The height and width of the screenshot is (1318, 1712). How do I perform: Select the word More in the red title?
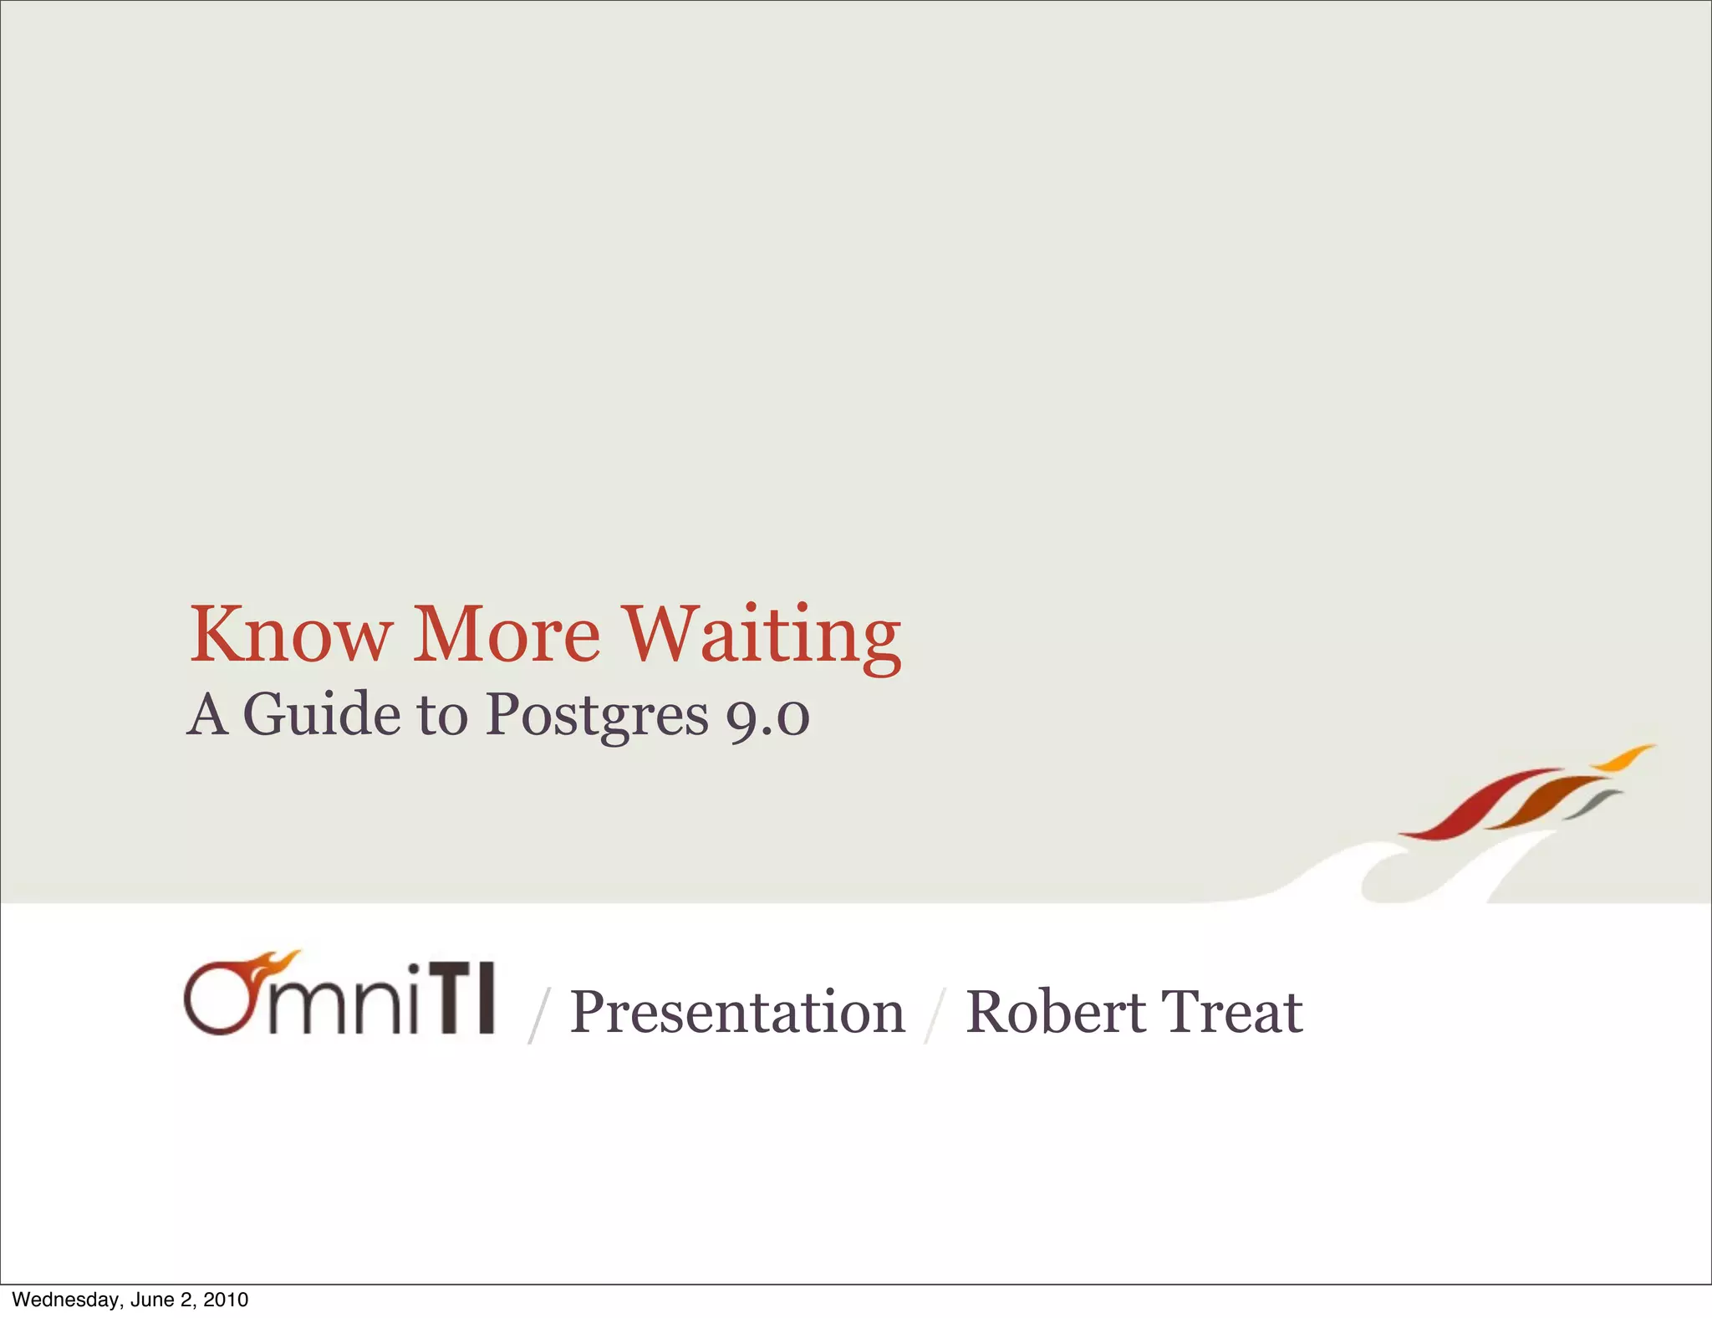507,634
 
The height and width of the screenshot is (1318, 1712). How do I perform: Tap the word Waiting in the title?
763,636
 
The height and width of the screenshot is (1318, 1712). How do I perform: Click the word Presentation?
737,1012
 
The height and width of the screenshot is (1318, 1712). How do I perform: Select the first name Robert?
1056,1012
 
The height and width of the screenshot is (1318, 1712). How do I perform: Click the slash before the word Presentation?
538,1014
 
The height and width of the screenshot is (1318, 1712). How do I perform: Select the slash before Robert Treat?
935,1014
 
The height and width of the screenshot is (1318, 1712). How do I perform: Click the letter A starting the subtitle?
207,715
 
